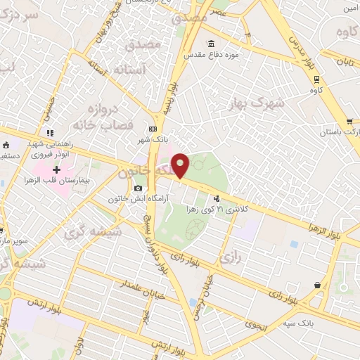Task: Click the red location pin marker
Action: tap(181, 165)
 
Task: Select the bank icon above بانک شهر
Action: tap(153, 129)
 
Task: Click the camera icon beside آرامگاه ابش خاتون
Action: tap(138, 188)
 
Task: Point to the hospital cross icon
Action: tap(57, 169)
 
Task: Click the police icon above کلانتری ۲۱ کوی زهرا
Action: tap(217, 199)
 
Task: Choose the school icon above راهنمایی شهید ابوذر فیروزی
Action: tap(49, 133)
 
